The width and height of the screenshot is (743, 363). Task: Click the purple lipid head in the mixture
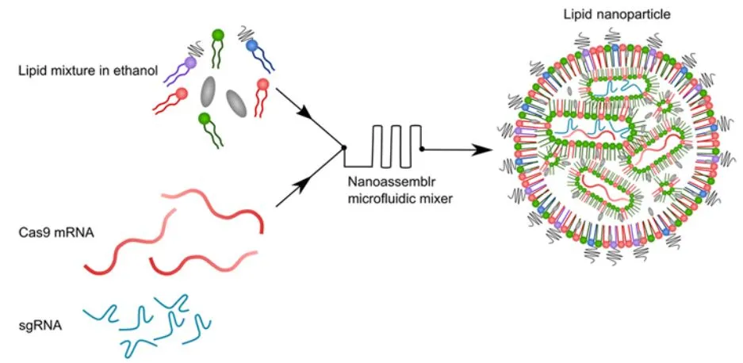pyautogui.click(x=190, y=62)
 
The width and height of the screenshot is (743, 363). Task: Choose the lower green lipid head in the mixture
pyautogui.click(x=205, y=119)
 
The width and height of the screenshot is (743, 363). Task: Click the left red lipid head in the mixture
pyautogui.click(x=182, y=94)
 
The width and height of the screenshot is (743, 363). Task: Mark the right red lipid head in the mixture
pyautogui.click(x=262, y=84)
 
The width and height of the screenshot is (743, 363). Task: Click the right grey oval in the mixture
pyautogui.click(x=236, y=102)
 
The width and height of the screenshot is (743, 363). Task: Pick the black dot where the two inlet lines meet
pyautogui.click(x=343, y=147)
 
